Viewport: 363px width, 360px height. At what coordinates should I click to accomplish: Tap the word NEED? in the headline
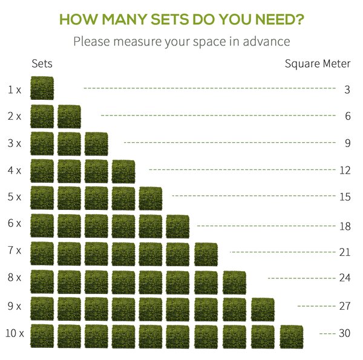280,19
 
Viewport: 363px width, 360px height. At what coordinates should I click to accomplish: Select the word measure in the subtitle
137,42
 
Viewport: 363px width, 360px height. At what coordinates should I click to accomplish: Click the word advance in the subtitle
266,41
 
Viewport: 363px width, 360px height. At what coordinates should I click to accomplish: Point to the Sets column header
42,64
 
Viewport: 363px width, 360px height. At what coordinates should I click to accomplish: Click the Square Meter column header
318,64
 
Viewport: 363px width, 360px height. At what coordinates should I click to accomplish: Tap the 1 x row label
15,90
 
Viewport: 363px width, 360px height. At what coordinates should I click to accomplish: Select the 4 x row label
15,171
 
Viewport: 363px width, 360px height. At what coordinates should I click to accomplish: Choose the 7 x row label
15,250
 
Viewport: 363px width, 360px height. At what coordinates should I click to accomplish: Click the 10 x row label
15,333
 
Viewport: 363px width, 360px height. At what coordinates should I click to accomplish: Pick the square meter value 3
347,90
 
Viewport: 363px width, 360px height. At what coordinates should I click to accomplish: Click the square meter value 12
345,171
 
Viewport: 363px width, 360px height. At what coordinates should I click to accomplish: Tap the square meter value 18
345,226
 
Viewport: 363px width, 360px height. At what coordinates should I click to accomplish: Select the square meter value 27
345,306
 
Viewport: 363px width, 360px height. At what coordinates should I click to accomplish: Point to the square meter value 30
345,333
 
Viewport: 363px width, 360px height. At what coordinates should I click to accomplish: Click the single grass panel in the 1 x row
42,88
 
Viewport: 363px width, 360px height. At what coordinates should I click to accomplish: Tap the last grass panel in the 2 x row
69,116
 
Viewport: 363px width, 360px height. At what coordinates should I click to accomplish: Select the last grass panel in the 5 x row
151,198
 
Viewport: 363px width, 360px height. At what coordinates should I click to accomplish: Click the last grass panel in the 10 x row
292,337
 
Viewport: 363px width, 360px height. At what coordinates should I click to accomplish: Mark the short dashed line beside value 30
327,333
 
